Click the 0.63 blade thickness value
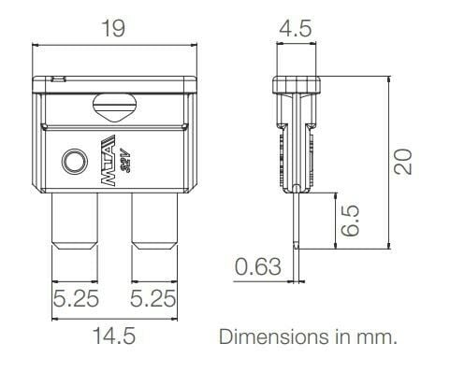click(x=257, y=268)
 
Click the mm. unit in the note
click(x=380, y=336)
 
